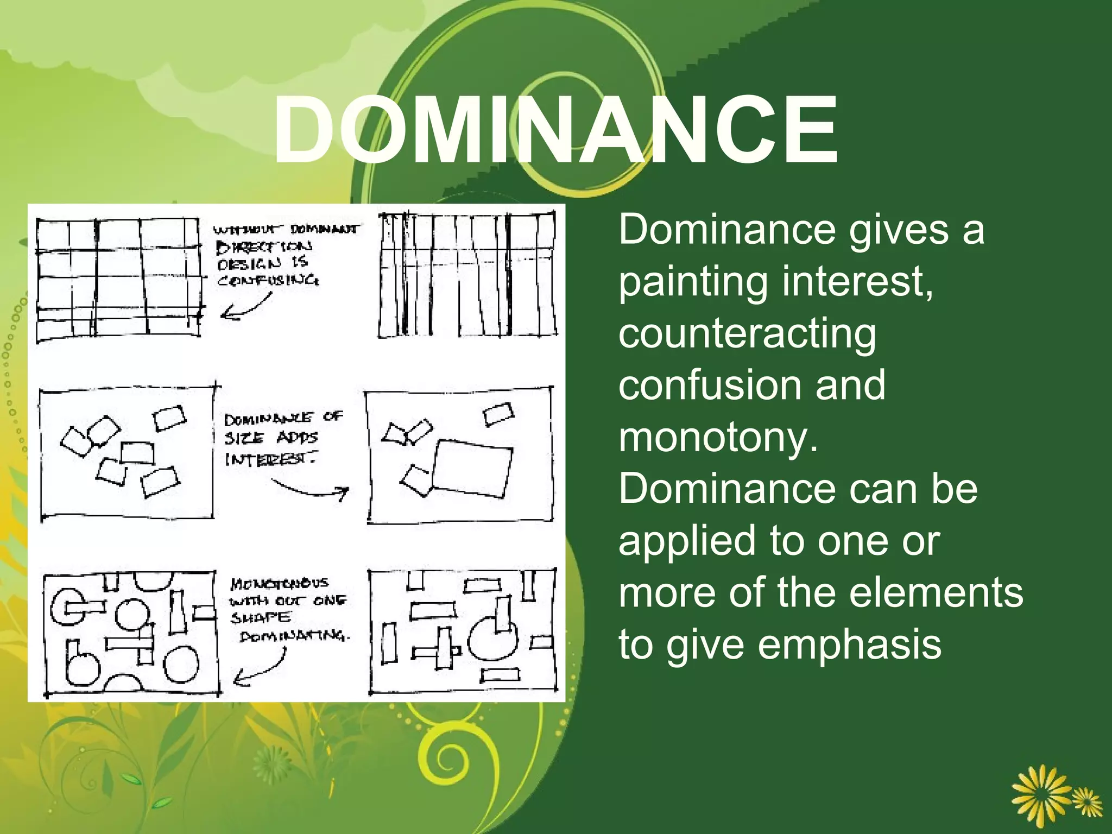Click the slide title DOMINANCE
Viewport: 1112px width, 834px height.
pyautogui.click(x=555, y=130)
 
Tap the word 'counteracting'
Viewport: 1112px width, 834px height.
pyautogui.click(x=747, y=334)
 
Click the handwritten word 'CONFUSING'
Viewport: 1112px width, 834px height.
pyautogui.click(x=268, y=280)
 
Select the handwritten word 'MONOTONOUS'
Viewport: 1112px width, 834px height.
pyautogui.click(x=279, y=584)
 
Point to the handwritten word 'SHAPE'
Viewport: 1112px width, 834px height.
pyautogui.click(x=261, y=618)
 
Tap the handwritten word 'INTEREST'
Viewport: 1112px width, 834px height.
pyautogui.click(x=270, y=459)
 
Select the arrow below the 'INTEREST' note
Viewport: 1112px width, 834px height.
pyautogui.click(x=312, y=489)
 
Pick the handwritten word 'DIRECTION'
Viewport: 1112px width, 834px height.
pyautogui.click(x=264, y=247)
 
